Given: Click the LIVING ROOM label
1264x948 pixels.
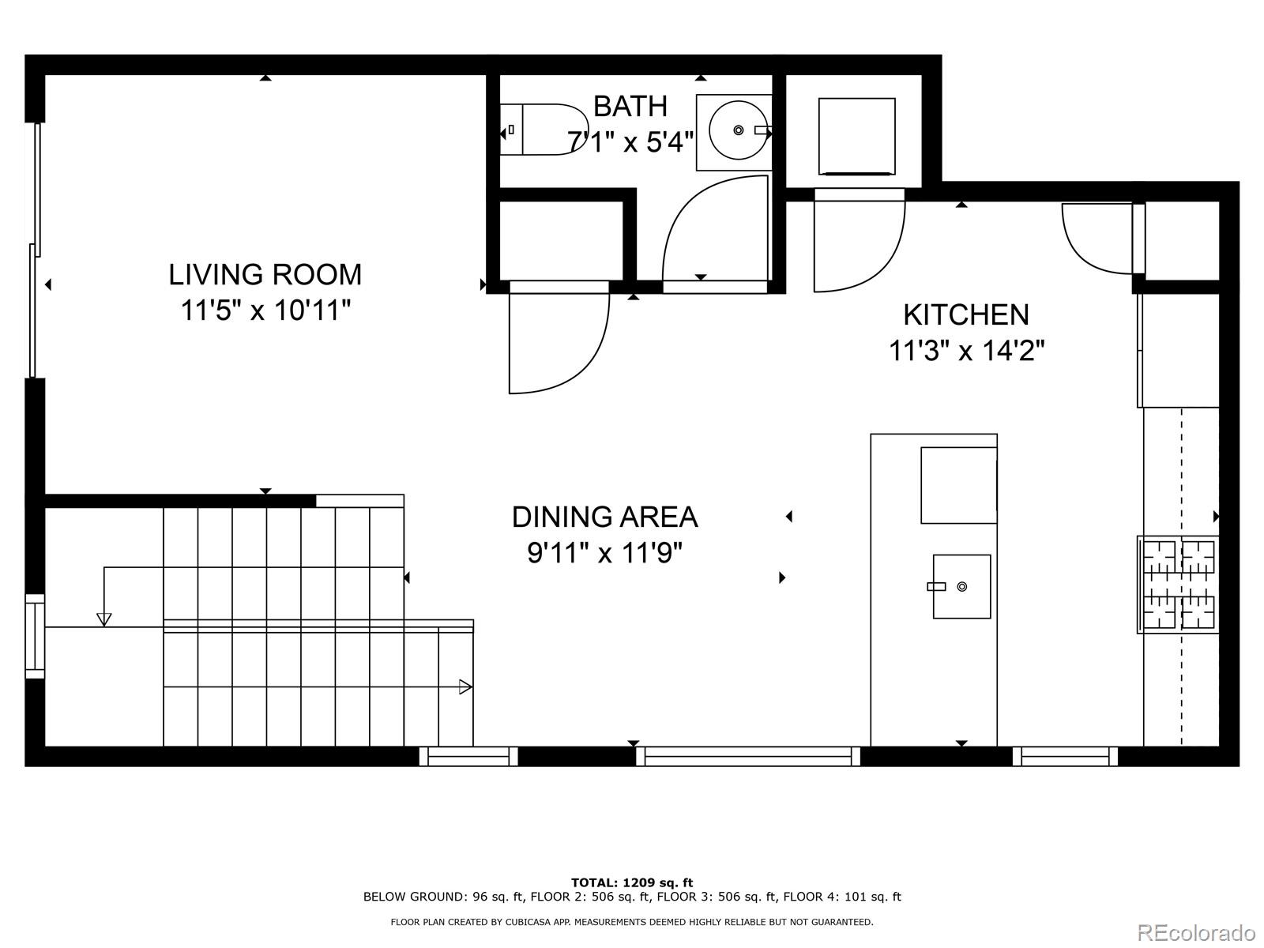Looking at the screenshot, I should click(265, 275).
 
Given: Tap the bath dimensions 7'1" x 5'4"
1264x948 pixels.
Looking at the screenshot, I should click(630, 142).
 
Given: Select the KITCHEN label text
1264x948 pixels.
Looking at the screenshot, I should click(965, 314).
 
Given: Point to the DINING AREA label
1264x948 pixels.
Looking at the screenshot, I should click(604, 517).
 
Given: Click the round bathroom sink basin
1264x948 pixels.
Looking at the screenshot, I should click(738, 130).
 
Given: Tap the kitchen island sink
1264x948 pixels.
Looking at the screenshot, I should click(961, 586).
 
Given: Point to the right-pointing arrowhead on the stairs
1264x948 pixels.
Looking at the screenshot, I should click(465, 687).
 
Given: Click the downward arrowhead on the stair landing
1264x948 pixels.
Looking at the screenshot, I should click(103, 619).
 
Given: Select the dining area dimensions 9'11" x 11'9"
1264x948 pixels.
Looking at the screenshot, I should click(604, 553).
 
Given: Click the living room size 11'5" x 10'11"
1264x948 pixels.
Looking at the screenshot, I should click(265, 310).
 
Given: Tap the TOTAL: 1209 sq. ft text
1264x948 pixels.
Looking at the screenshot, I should click(631, 882).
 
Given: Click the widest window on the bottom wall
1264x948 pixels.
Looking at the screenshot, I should click(747, 757).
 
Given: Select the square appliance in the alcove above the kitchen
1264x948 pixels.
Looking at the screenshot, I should click(856, 136).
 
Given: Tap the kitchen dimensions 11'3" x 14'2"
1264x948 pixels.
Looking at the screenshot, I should click(966, 350).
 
